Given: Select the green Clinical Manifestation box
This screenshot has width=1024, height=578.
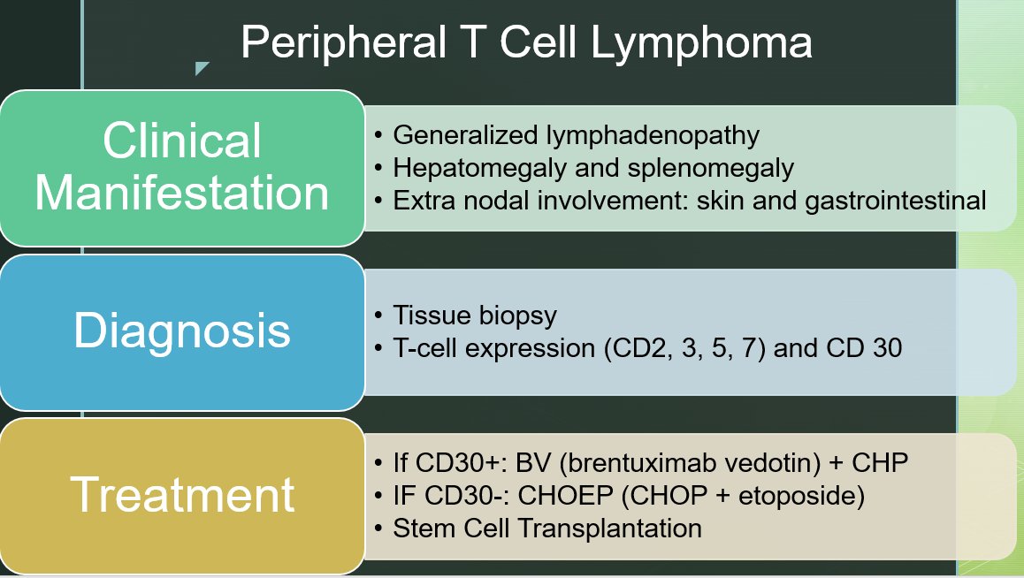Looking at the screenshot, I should click(x=182, y=168).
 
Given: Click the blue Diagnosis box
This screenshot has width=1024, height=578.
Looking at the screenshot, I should click(x=182, y=331).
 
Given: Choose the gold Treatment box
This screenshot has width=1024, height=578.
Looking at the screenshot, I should click(x=182, y=495).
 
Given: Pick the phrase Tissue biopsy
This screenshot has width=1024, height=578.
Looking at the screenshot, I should click(x=475, y=316).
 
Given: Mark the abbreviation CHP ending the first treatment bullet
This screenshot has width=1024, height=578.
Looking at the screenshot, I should click(x=884, y=463).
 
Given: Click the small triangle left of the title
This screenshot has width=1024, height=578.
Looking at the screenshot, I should click(x=202, y=68).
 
